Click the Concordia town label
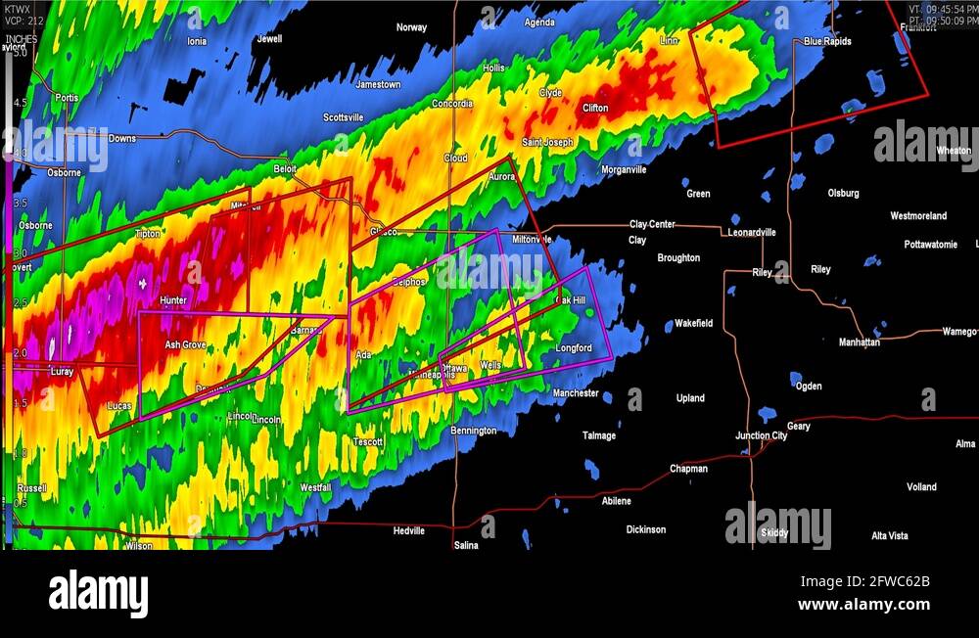tap(452, 104)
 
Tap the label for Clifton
tap(595, 109)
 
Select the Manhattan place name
tap(859, 342)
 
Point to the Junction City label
tap(761, 435)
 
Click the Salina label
tap(466, 545)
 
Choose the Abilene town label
tap(616, 501)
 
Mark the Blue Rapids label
tap(827, 42)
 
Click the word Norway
tap(411, 27)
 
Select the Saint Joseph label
tap(547, 143)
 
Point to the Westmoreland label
tap(918, 216)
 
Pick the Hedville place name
tap(408, 531)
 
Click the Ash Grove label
tap(185, 345)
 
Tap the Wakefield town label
tap(693, 324)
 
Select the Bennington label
tap(473, 432)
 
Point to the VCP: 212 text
tap(23, 20)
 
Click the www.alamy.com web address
tap(862, 605)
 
